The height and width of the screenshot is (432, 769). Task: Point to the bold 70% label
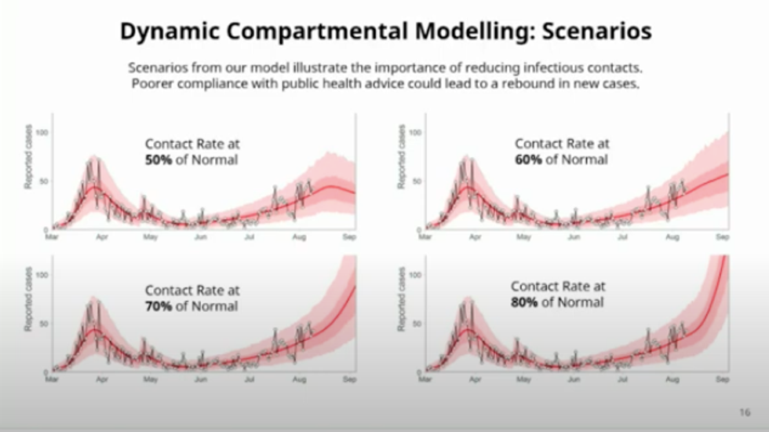coord(159,306)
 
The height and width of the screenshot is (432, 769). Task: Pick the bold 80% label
coord(524,302)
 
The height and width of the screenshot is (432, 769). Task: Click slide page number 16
coord(745,412)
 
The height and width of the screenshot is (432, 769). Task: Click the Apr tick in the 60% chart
coord(475,236)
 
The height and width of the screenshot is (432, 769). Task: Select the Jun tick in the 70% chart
coord(201,379)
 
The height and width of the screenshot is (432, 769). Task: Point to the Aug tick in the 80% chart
coord(672,379)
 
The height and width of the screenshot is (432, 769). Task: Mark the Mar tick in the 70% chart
coord(52,379)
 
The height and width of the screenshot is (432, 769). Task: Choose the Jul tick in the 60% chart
coord(621,236)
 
